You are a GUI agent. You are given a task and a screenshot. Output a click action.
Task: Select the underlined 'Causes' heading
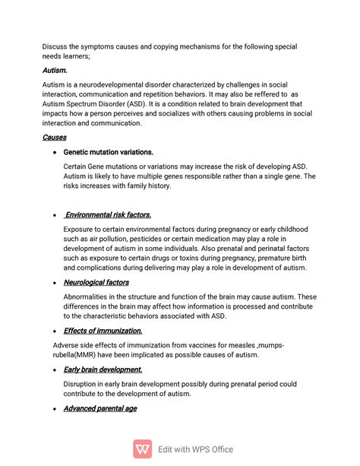(x=54, y=138)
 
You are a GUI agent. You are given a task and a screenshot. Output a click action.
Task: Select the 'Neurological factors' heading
(x=96, y=282)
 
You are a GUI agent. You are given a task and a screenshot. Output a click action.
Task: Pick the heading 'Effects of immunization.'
(x=103, y=331)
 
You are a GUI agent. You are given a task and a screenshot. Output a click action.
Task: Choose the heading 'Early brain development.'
(x=103, y=369)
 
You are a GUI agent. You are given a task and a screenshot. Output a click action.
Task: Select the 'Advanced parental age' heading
(x=99, y=408)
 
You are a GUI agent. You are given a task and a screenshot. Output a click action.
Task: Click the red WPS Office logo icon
(x=142, y=449)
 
